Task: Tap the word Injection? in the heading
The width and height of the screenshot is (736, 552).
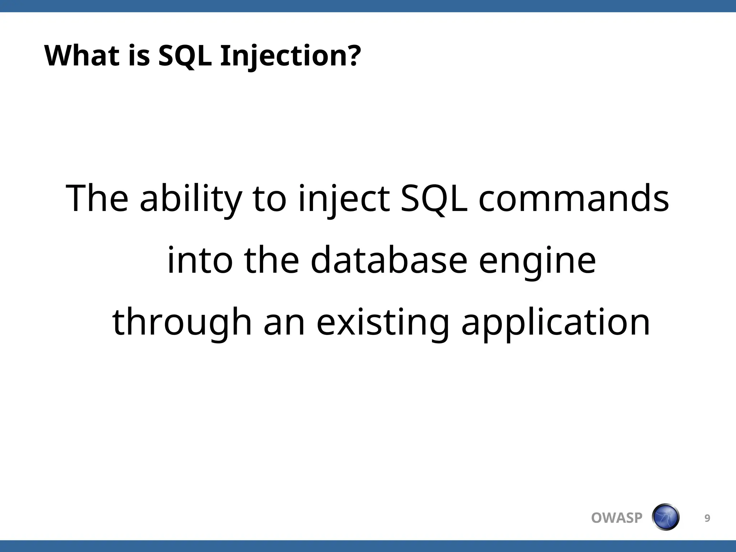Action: [290, 56]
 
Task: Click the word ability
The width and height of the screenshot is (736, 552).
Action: [190, 199]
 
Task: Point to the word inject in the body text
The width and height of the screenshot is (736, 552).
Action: [344, 199]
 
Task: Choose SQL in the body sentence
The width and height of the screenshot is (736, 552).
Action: [434, 199]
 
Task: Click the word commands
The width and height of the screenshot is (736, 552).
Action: [574, 199]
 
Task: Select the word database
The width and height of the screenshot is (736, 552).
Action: [389, 260]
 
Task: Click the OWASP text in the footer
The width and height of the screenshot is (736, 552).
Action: [617, 518]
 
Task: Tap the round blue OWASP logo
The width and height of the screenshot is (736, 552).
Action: [666, 517]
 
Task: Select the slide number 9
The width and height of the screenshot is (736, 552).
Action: [707, 518]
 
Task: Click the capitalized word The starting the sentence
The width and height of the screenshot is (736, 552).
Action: [97, 199]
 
